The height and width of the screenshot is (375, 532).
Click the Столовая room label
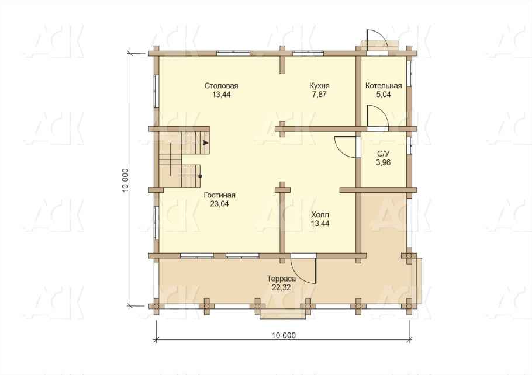[221, 86]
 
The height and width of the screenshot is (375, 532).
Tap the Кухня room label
[319, 86]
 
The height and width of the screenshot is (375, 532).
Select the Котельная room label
[384, 86]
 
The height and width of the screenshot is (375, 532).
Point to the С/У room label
[384, 154]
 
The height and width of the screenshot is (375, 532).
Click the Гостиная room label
[219, 195]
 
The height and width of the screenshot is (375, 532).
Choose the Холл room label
[320, 215]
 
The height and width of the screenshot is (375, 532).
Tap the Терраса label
[281, 279]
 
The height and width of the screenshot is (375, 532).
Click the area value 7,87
[319, 95]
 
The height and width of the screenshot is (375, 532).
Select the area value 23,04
[219, 204]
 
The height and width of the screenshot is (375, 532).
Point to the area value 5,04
[384, 95]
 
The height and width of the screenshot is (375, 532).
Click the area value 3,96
[384, 163]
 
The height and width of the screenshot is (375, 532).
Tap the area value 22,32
[281, 288]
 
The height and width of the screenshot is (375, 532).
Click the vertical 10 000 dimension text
[126, 180]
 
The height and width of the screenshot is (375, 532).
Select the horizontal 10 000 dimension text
[284, 336]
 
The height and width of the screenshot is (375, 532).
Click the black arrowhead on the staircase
[206, 143]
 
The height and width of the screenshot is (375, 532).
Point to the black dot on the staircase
[200, 176]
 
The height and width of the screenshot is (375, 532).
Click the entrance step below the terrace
[282, 314]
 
